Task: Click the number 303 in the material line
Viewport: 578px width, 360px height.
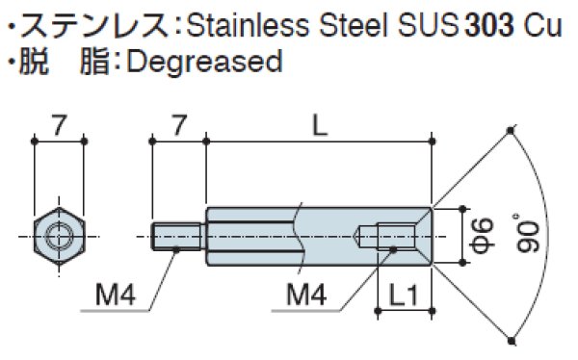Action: pos(489,26)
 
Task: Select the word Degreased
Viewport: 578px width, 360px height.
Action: pos(204,62)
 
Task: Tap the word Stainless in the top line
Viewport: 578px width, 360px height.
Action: pos(249,26)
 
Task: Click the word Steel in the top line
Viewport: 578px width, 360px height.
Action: pos(354,26)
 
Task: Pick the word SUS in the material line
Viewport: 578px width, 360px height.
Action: pos(429,26)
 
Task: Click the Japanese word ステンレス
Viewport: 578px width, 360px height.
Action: pos(94,26)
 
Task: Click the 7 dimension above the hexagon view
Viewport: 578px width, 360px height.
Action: pos(59,125)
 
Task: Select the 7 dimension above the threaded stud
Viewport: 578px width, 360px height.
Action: pos(179,125)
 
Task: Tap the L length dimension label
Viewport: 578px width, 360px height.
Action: pos(320,126)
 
